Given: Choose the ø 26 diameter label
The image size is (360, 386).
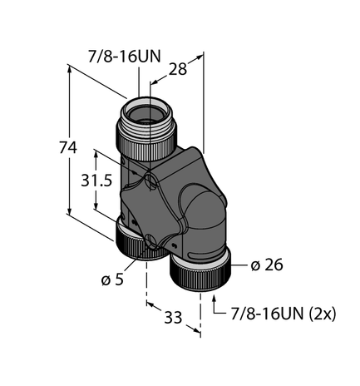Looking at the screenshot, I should (265, 266).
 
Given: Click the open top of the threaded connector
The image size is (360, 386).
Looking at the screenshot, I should (144, 106).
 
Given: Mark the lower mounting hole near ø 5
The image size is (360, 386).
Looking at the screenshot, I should (149, 243).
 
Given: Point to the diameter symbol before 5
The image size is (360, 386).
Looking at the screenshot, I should (105, 279).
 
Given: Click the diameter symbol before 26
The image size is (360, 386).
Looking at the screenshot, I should (254, 266).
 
